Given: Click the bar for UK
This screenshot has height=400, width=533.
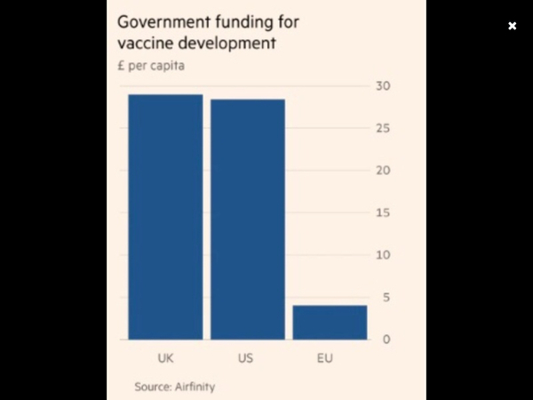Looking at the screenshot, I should coord(165,217).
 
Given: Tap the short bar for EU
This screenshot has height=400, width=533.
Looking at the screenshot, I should coord(330,322).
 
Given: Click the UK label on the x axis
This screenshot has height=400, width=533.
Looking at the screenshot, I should coord(165,360).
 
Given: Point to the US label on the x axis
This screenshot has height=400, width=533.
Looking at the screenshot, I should coord(246,360).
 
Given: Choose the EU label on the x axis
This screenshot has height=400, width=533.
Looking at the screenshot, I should coord(326,360).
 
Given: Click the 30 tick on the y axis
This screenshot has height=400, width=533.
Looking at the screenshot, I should coord(383,86).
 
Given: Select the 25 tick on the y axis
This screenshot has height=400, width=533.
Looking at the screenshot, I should coord(383,129).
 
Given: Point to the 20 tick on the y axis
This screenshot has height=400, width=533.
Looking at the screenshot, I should coord(383,171).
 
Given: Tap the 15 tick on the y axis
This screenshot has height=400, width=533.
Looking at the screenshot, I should coord(383,213).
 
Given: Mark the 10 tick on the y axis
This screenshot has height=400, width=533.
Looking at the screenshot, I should coord(383,255).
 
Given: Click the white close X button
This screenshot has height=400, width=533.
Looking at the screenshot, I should coord(512,26).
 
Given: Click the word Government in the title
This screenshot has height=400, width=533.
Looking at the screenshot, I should coord(163,22).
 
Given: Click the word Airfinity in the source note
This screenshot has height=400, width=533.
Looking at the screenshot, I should coord(194,387).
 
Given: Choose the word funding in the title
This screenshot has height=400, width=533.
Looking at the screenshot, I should coord(243,22).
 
